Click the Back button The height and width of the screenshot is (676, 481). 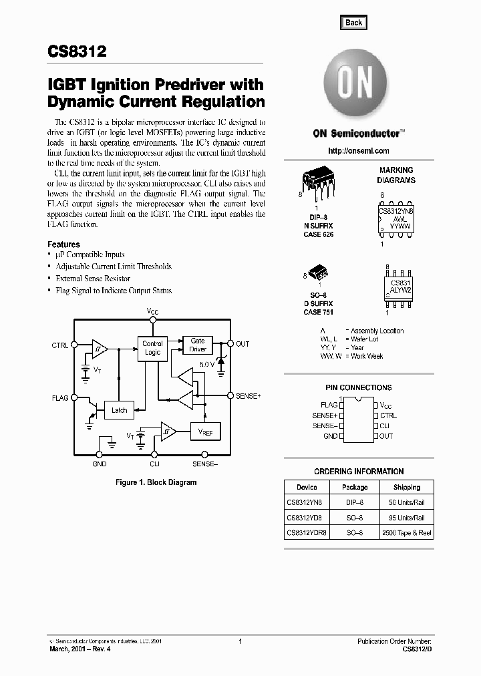(x=353, y=22)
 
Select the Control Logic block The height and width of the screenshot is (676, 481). (x=152, y=348)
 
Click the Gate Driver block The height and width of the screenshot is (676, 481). (x=198, y=345)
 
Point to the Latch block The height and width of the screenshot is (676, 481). (x=119, y=410)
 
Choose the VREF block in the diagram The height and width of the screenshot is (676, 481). (x=205, y=432)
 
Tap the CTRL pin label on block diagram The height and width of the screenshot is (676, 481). (x=59, y=345)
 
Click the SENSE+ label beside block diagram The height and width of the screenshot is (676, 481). (x=249, y=396)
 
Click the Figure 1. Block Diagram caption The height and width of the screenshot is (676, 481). (x=156, y=482)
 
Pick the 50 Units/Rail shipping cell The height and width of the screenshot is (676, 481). (x=407, y=501)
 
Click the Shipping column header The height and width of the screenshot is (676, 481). (x=407, y=487)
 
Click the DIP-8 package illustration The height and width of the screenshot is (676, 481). (x=316, y=180)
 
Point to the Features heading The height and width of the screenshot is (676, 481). (x=63, y=244)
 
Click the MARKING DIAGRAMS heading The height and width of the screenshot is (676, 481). (x=396, y=175)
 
